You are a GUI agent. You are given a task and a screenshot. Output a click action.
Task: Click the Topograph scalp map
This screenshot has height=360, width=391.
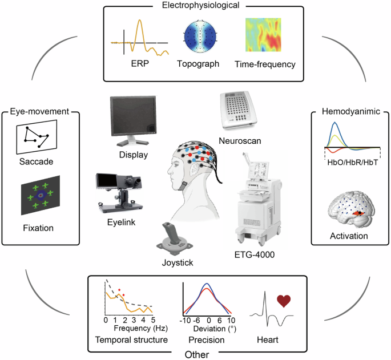coord(198,36)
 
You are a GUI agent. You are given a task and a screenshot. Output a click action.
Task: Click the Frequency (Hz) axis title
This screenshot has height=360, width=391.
coord(132,329)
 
